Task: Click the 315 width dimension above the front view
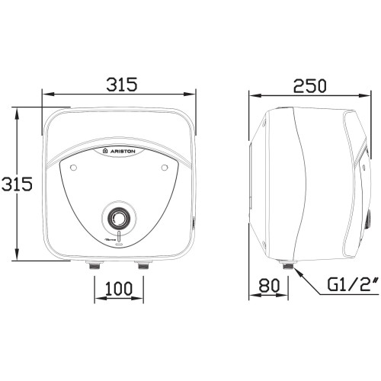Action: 119,85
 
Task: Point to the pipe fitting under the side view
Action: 287,266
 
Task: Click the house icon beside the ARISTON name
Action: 104,152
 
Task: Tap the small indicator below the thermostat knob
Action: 118,239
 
